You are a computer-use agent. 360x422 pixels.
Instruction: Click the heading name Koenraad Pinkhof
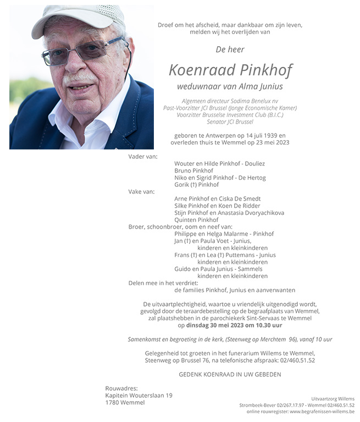click(230, 70)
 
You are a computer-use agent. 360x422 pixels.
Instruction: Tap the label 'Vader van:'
click(143, 157)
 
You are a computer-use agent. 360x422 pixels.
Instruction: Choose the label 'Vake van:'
click(142, 192)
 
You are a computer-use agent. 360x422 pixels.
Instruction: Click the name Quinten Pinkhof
click(196, 220)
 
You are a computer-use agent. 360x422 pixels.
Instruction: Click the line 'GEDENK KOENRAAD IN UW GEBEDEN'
click(230, 374)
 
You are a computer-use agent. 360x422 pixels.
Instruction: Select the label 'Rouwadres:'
click(121, 388)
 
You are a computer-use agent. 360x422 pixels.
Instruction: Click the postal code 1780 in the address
click(113, 402)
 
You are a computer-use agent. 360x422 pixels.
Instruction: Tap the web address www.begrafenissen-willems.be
click(322, 412)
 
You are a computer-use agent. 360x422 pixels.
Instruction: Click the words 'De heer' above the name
click(230, 49)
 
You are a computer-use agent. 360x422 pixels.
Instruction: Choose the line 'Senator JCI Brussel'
click(230, 121)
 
